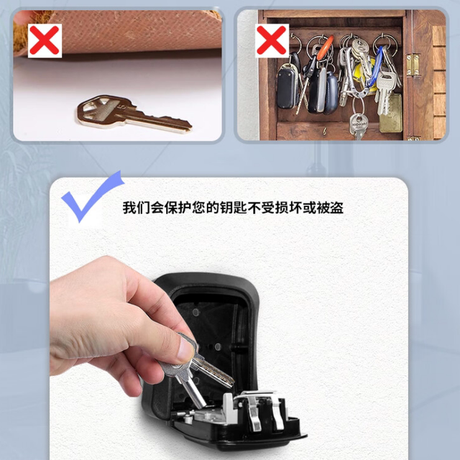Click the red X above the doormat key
(44, 40)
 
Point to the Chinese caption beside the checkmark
(232, 208)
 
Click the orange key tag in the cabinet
(325, 49)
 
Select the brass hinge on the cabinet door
(413, 65)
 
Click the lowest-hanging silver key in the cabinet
(358, 126)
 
